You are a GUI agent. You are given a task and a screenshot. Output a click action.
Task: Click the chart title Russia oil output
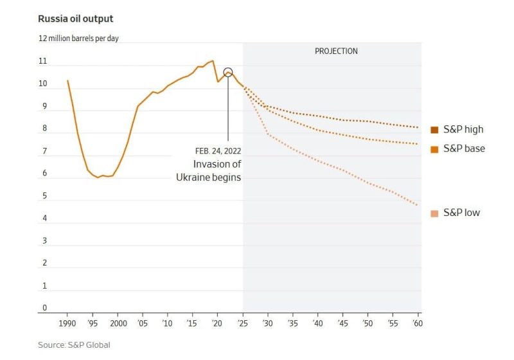[x=76, y=19]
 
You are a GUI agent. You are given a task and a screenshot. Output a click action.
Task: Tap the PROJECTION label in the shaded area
[x=336, y=51]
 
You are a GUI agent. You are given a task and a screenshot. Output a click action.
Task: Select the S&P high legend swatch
[x=434, y=130]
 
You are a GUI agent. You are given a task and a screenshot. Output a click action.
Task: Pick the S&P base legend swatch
[x=434, y=149]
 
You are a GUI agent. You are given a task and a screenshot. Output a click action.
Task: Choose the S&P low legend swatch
[x=434, y=213]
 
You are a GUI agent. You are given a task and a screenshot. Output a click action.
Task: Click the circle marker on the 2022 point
[x=227, y=73]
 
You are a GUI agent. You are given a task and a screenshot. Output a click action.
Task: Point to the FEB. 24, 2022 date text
[x=218, y=151]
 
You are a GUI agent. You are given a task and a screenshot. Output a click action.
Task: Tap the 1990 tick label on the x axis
[x=67, y=323]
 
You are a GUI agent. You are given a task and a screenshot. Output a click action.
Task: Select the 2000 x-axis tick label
[x=118, y=323]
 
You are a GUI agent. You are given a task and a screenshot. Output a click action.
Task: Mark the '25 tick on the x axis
[x=242, y=323]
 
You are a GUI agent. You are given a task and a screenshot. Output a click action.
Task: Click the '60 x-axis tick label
[x=417, y=323]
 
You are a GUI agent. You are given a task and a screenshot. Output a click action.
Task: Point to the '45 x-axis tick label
[x=342, y=323]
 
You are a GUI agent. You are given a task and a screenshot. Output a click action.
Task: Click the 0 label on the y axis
[x=45, y=308]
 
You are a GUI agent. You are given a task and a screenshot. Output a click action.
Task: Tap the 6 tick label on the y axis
[x=44, y=174]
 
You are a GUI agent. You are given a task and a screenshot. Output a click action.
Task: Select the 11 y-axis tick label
[x=43, y=62]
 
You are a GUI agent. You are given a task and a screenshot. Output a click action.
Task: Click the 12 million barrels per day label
[x=78, y=39]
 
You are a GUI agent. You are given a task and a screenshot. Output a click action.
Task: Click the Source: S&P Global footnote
[x=74, y=345]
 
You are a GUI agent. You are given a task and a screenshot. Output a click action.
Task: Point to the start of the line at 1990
[x=67, y=80]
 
